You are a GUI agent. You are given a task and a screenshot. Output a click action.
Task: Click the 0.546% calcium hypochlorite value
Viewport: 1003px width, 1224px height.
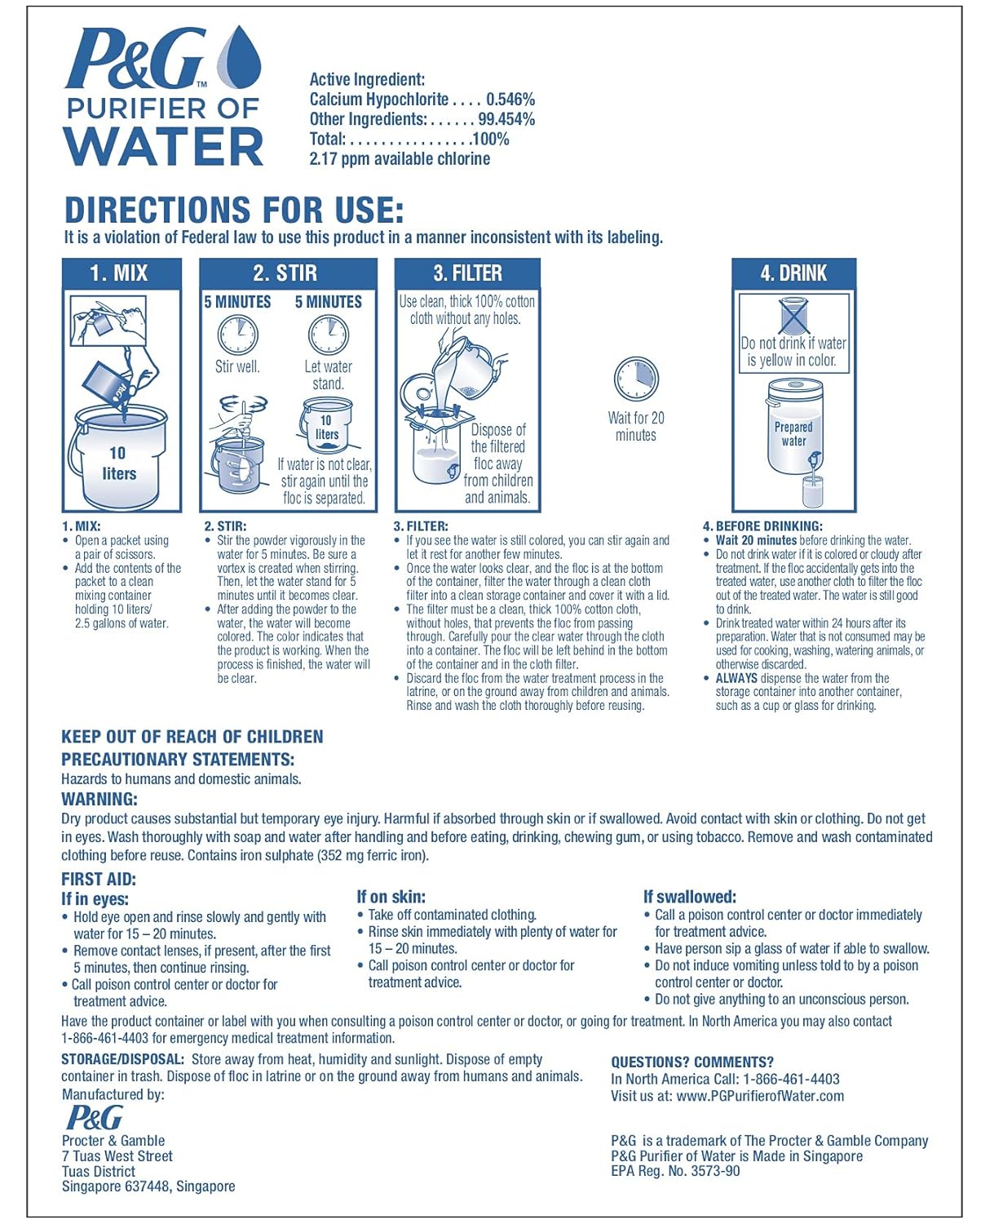[510, 100]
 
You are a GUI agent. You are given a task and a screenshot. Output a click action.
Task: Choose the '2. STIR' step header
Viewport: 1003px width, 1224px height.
[285, 273]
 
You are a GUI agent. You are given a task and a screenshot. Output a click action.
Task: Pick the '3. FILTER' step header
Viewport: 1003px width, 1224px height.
[467, 273]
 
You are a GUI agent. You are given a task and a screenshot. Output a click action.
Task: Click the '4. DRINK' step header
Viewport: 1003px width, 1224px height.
[793, 273]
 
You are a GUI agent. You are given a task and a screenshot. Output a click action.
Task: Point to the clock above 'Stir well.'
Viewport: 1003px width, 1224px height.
[237, 335]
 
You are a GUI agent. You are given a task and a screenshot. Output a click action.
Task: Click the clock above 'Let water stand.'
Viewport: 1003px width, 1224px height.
[328, 335]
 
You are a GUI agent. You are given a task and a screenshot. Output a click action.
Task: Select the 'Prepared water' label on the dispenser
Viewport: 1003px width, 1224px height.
[793, 434]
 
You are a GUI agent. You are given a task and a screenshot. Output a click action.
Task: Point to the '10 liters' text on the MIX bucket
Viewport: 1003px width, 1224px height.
[119, 463]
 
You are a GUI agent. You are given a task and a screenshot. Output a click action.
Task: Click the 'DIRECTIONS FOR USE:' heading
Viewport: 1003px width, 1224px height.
[234, 211]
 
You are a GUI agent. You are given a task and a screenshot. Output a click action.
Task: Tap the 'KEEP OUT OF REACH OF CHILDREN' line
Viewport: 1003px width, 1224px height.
[192, 737]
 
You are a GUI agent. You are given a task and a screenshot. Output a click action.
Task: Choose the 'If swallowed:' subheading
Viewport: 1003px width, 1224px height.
[690, 897]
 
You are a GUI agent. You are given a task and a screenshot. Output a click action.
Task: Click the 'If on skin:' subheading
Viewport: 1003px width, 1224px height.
[391, 897]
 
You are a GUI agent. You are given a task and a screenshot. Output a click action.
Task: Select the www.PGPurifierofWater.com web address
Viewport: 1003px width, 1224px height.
[760, 1096]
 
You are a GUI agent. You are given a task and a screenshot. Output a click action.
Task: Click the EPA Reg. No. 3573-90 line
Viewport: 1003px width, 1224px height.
[675, 1171]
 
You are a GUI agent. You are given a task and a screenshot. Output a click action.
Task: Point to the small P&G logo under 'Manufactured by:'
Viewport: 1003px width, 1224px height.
[95, 1117]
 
